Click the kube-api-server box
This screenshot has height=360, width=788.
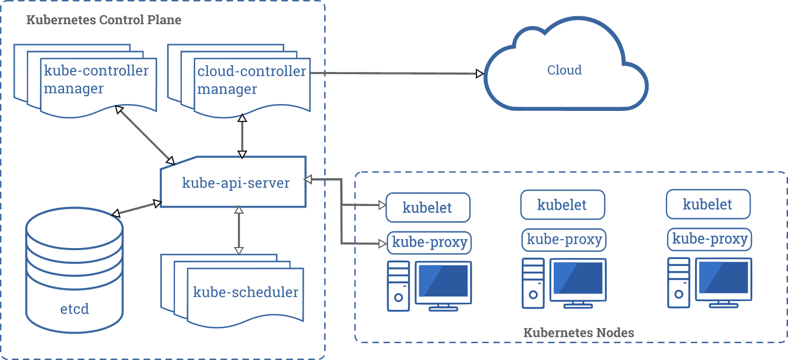click(x=234, y=183)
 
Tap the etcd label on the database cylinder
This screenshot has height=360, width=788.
click(x=74, y=308)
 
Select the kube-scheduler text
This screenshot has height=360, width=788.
click(x=245, y=292)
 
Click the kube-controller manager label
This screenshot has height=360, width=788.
click(x=96, y=80)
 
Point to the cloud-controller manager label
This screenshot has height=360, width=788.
click(x=251, y=80)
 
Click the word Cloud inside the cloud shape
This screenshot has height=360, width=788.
click(x=564, y=70)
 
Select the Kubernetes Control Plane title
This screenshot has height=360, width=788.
click(x=103, y=20)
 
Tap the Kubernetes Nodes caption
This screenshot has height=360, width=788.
click(x=578, y=333)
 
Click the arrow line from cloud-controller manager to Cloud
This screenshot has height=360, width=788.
click(x=394, y=73)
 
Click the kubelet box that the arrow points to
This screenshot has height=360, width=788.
click(x=428, y=207)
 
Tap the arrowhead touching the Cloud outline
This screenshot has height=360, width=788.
click(x=479, y=74)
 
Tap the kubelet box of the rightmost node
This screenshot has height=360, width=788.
click(x=708, y=204)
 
